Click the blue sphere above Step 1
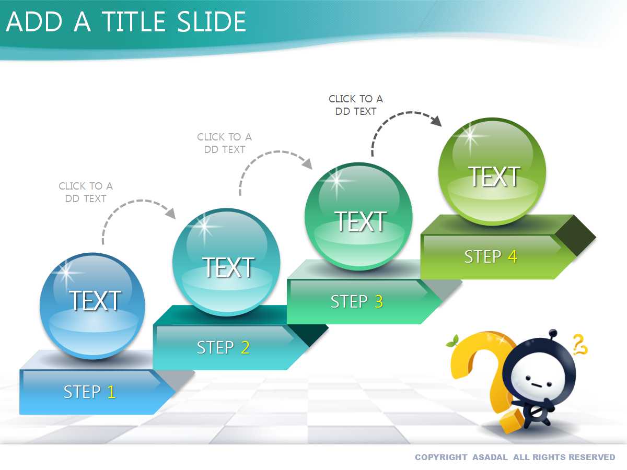pos(92,306)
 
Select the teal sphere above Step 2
pos(226,262)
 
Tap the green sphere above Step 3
pos(359,216)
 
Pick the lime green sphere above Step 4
pos(492,171)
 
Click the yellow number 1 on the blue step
pos(112,392)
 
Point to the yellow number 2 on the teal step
pos(245,347)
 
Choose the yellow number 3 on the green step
pos(379,301)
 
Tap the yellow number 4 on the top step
pos(512,256)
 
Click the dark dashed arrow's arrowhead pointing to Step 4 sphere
pos(436,121)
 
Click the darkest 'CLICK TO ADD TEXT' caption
pos(356,105)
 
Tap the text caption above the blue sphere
pos(86,192)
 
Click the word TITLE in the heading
pos(134,22)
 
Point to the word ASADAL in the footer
pos(490,457)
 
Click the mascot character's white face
pos(535,380)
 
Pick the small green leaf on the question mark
pos(452,342)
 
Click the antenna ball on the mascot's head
pos(553,333)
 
